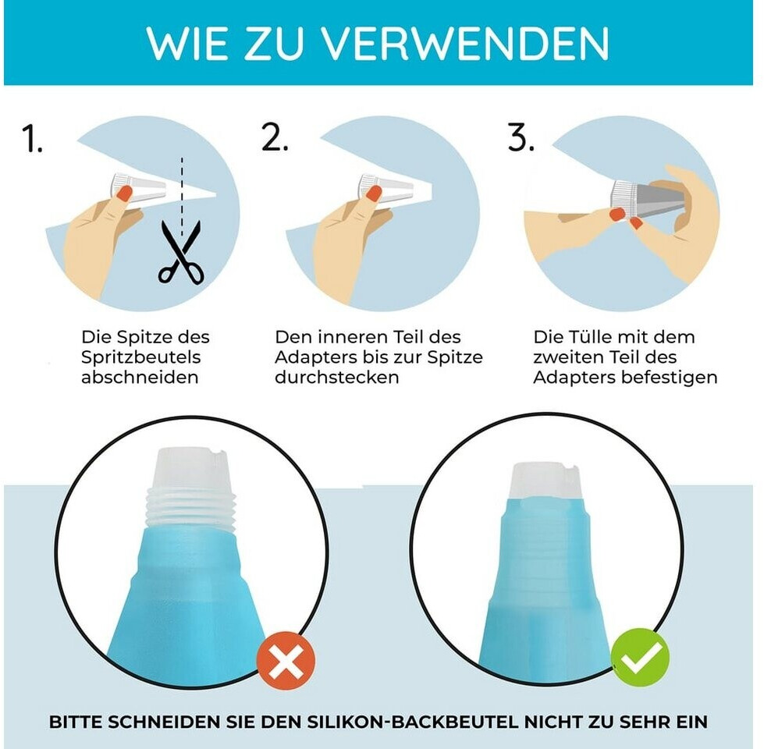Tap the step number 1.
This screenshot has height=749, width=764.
tap(32, 139)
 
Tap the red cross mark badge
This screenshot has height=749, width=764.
tap(286, 661)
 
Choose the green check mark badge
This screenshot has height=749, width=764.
tap(640, 658)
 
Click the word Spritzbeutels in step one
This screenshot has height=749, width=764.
tap(140, 357)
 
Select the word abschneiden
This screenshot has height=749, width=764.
tap(140, 377)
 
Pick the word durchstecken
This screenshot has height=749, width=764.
tap(336, 377)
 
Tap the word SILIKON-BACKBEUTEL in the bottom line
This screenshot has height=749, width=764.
tap(412, 721)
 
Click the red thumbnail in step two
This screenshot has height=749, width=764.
tap(375, 193)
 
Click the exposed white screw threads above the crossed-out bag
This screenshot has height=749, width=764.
tap(190, 508)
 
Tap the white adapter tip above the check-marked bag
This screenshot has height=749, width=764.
tap(545, 481)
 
